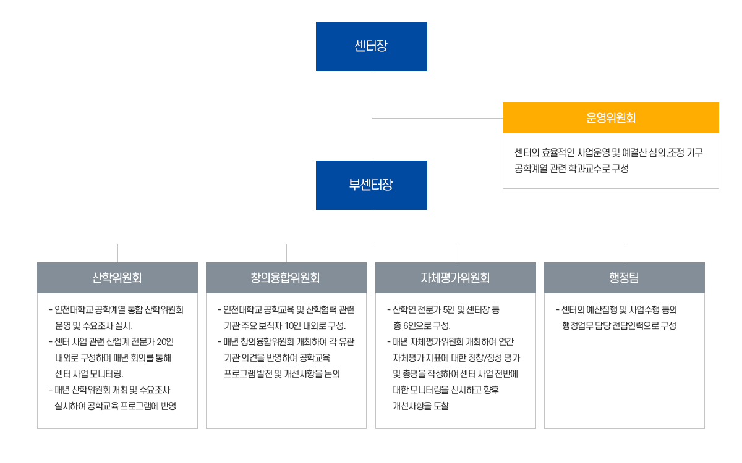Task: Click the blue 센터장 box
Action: pos(372,46)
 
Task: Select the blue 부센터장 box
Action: pos(372,185)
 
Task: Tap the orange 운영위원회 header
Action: pos(610,118)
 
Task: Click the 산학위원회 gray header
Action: pos(117,278)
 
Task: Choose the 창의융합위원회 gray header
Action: pos(286,278)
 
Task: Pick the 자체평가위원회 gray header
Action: pos(456,278)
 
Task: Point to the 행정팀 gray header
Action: pos(625,278)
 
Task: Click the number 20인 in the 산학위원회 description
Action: pos(165,341)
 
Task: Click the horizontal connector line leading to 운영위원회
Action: pos(437,118)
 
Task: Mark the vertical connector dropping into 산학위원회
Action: pos(118,253)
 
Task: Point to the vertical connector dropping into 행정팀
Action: pos(625,253)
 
